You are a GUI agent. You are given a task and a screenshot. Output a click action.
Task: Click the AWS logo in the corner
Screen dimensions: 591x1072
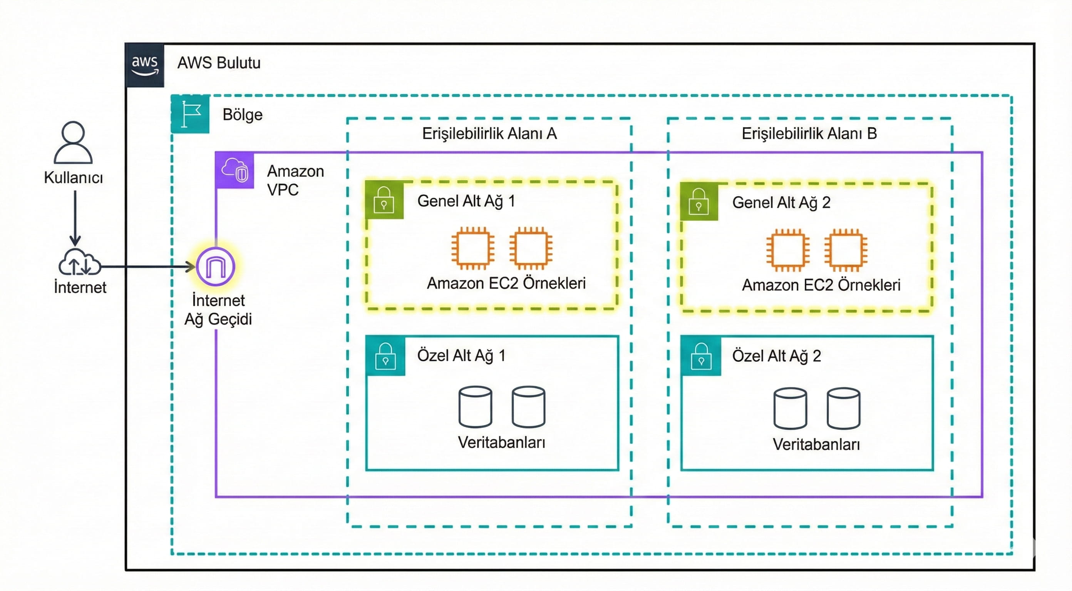(144, 65)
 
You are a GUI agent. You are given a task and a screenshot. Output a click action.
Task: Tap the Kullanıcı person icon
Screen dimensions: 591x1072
(73, 142)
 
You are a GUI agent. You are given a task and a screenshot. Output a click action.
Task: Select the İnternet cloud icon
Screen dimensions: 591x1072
(79, 262)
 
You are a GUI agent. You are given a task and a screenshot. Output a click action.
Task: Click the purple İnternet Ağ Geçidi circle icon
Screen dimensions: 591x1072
(216, 267)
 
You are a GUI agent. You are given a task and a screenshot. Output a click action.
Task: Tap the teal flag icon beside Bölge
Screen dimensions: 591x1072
(191, 114)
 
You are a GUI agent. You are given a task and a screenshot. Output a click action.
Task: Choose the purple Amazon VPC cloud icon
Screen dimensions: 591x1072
(235, 170)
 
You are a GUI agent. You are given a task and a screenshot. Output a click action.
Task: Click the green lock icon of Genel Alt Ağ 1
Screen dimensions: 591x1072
(384, 200)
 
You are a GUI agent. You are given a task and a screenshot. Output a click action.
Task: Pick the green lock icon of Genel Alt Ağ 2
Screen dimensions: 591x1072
(699, 202)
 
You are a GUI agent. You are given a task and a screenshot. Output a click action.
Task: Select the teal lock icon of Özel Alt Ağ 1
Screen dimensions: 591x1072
(385, 356)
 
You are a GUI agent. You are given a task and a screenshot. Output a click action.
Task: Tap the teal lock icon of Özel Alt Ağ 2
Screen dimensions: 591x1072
(701, 357)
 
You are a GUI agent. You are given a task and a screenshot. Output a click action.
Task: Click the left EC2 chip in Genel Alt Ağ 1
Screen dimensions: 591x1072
(473, 248)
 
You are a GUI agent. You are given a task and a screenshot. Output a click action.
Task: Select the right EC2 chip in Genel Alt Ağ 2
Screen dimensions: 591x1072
(846, 250)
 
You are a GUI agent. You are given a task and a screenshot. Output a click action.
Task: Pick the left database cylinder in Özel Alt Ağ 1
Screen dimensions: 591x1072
(475, 407)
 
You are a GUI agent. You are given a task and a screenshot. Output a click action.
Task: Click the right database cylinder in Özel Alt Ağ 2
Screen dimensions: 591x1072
(844, 408)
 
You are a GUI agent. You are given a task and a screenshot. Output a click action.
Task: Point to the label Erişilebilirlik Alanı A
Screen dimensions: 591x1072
(489, 134)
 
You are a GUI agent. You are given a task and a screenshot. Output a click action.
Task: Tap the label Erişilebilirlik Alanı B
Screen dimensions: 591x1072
(809, 134)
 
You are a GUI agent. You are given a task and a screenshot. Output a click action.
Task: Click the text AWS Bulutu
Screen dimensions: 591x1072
(219, 63)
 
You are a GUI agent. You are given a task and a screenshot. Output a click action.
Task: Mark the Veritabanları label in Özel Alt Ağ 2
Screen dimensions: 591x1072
(816, 444)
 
